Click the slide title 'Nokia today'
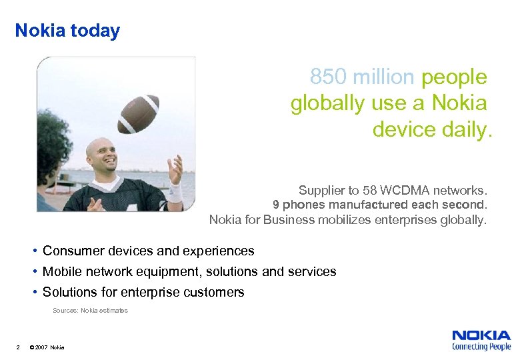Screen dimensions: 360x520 tap(67, 31)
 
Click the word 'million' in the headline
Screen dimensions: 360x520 tap(383, 77)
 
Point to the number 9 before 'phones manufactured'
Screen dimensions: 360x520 tap(276, 205)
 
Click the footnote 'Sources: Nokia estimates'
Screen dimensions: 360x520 tap(90, 311)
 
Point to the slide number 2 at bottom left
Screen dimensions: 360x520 tap(18, 347)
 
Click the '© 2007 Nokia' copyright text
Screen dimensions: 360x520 tap(47, 347)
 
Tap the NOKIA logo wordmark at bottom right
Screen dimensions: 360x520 tap(481, 336)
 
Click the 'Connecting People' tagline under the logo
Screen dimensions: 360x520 tap(481, 347)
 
